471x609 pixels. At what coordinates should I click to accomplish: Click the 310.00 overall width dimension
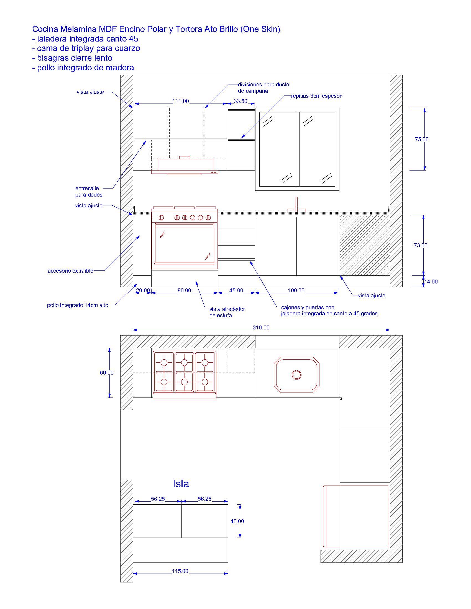click(x=261, y=327)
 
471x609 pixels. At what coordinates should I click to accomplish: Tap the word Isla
click(x=181, y=484)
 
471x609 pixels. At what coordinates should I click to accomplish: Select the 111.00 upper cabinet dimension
click(x=181, y=101)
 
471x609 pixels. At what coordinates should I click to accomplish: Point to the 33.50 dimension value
click(x=240, y=101)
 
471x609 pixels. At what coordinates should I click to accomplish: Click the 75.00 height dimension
click(x=421, y=139)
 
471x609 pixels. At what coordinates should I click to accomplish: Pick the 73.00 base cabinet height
click(x=421, y=245)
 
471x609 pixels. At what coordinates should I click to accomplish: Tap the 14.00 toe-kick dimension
click(x=431, y=282)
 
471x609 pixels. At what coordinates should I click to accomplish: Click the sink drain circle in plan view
click(x=296, y=375)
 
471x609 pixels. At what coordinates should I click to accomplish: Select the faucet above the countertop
click(x=297, y=205)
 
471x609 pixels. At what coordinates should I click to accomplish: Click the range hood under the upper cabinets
click(x=185, y=166)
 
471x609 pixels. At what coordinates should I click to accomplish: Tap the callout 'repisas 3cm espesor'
click(x=316, y=96)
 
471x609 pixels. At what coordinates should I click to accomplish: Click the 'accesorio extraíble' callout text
click(x=71, y=271)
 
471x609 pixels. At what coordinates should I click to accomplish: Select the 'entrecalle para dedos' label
click(x=89, y=192)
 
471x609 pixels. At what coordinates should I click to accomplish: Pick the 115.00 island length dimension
click(x=180, y=571)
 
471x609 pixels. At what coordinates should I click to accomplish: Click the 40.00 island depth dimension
click(x=237, y=521)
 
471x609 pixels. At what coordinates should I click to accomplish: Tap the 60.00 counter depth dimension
click(x=107, y=373)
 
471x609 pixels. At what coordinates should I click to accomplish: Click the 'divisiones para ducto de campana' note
click(x=263, y=87)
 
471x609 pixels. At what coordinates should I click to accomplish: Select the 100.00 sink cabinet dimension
click(x=296, y=291)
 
